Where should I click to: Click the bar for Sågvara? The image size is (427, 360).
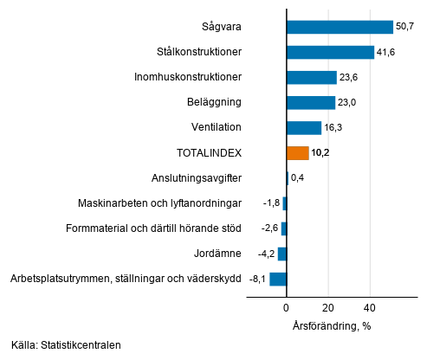coord(340,27)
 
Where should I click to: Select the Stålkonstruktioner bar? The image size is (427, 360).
coord(330,52)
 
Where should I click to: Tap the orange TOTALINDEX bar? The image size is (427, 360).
coord(297,153)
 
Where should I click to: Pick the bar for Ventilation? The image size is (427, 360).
coord(303,128)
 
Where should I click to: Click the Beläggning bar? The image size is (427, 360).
coord(310,102)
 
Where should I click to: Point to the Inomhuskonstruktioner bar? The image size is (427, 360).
coord(311,77)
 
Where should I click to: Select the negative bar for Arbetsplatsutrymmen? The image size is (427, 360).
coord(278,279)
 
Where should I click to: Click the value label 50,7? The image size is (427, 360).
coord(405,27)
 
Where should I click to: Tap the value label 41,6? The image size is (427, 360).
coord(386,52)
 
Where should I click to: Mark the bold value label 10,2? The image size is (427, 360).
coord(321,153)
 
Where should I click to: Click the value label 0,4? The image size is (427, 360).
coord(298,178)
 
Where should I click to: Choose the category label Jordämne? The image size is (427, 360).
coord(218,254)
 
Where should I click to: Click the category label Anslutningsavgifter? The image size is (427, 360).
coord(196,178)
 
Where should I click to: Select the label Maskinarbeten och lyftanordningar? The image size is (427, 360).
coord(159,203)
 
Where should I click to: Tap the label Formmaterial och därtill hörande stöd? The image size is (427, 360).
coord(153,228)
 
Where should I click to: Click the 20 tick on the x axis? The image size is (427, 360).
coord(328,307)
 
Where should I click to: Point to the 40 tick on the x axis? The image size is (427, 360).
coord(370,307)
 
